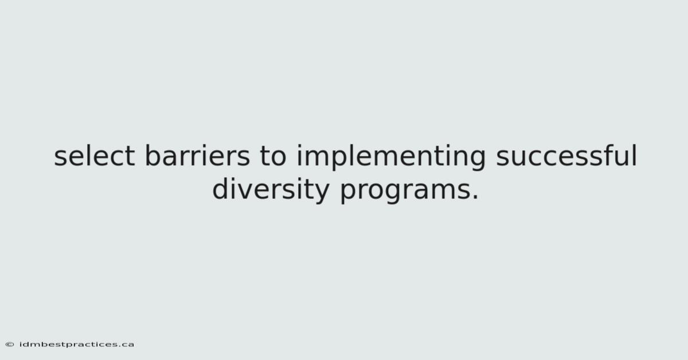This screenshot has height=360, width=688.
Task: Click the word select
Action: pos(94,155)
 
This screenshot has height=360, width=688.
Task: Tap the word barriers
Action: pos(197,155)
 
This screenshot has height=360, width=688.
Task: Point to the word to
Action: pos(273,156)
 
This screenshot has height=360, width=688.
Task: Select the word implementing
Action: pos(391,157)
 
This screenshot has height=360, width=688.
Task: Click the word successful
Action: pos(566,155)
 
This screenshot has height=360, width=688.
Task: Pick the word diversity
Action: pos(271,190)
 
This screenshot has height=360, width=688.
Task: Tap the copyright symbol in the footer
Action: pos(10,345)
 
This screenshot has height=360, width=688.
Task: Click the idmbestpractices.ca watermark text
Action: pos(76,345)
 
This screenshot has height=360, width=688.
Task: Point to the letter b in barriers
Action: pos(153,155)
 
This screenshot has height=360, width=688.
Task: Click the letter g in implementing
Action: pos(477,161)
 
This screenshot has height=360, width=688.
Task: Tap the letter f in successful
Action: pos(603,155)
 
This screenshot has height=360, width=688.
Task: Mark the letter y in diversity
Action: pos(321,194)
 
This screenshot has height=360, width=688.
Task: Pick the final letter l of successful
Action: pos(635,155)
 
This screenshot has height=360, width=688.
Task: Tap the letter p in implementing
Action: pos(341,161)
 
